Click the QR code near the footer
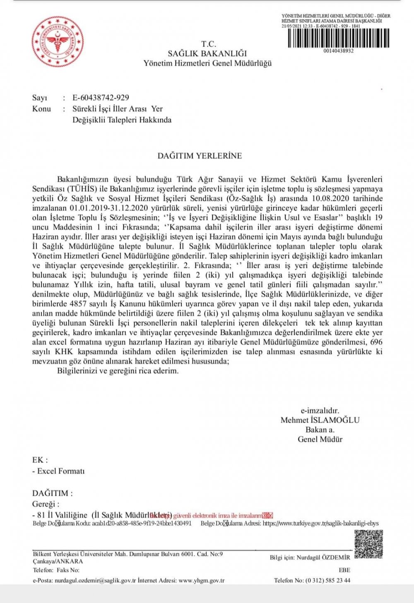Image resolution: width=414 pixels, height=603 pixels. [x=368, y=544]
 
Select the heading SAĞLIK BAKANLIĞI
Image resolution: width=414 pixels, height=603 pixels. [x=207, y=53]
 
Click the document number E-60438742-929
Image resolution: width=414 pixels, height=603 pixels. [x=101, y=98]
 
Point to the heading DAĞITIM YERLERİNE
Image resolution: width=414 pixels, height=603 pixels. [x=200, y=156]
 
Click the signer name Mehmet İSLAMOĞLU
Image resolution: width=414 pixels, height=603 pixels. [x=320, y=420]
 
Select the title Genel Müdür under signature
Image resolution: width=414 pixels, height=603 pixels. [x=320, y=439]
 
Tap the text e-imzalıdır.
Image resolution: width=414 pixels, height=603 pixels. [x=320, y=411]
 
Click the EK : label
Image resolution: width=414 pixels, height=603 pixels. [x=40, y=460]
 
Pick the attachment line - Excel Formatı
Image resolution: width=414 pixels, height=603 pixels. [x=58, y=471]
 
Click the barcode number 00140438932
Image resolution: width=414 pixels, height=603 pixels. [x=339, y=51]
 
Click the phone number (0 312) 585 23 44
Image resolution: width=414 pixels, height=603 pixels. [x=327, y=581]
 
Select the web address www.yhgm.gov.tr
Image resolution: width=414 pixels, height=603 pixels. [x=202, y=581]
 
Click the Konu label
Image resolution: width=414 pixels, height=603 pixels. [x=41, y=109]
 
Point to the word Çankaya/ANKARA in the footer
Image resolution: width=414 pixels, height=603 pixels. [x=58, y=562]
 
